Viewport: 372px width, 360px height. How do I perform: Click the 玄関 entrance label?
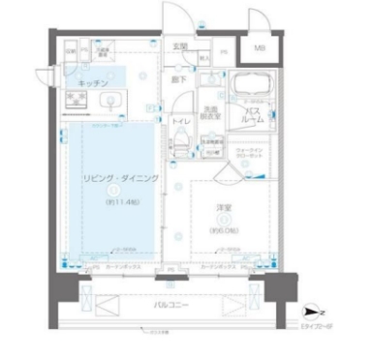179,46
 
